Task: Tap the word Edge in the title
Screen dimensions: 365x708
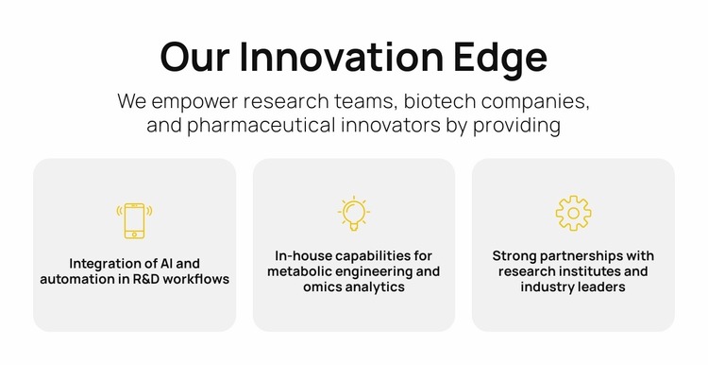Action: [x=504, y=59]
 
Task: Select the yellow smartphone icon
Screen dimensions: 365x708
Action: [x=134, y=220]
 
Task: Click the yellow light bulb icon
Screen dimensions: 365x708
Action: [x=353, y=215]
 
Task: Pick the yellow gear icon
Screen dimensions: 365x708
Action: [x=573, y=214]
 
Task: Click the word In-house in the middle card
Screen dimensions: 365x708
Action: [x=303, y=255]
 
